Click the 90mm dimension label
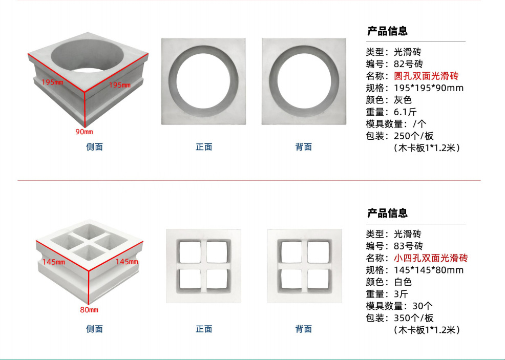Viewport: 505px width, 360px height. click(84, 132)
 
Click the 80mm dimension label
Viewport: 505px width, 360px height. click(89, 310)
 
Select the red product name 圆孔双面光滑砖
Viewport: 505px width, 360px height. click(426, 76)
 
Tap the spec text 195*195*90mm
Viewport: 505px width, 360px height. click(428, 88)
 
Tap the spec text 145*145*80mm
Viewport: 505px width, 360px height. click(428, 270)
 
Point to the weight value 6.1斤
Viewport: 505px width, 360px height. click(406, 112)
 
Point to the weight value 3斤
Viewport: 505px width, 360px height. click(401, 294)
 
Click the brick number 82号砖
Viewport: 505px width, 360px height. click(408, 64)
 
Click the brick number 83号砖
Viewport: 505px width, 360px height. click(408, 246)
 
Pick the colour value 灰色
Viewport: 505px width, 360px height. click(403, 100)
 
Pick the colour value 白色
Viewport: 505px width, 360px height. click(403, 282)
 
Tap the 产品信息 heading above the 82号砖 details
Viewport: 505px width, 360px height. click(387, 31)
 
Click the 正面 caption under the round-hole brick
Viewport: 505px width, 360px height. click(204, 147)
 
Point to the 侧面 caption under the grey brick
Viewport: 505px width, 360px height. click(94, 147)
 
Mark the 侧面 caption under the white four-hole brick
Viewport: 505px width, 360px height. click(94, 329)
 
